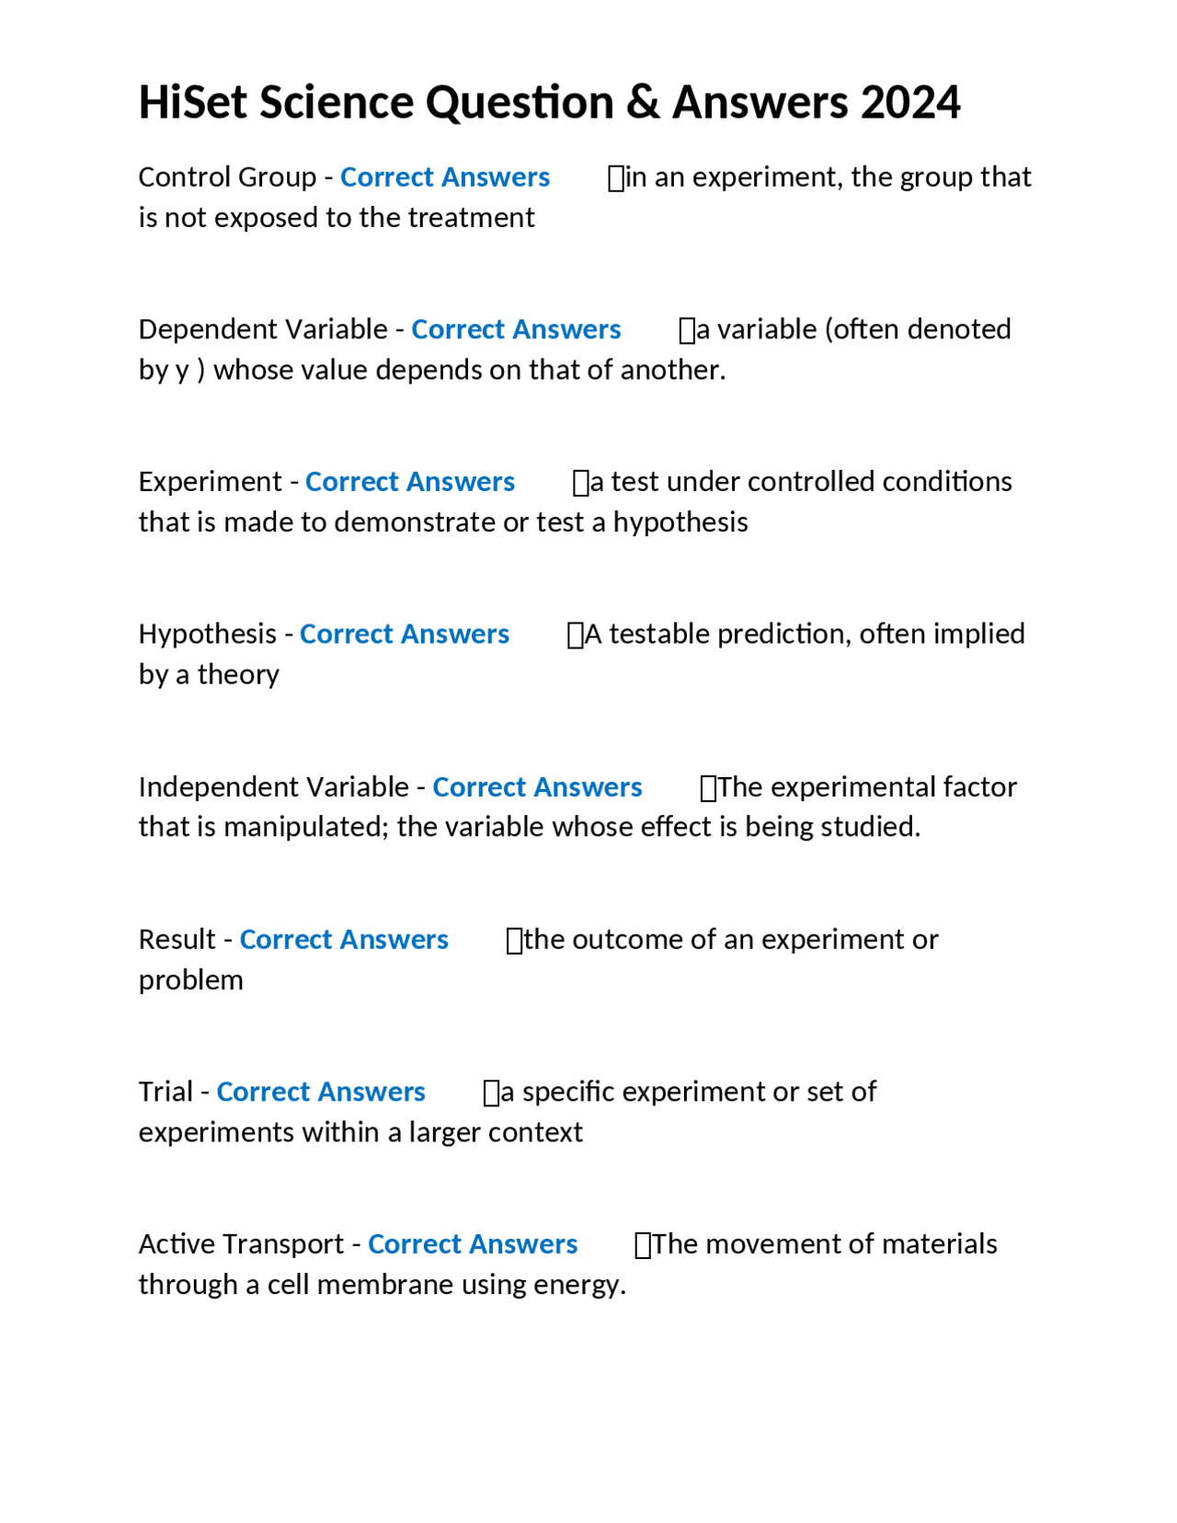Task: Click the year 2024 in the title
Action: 910,102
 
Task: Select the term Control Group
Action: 227,177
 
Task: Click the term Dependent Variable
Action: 263,329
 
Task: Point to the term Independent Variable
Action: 273,787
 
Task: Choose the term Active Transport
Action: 241,1244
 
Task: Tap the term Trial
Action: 166,1092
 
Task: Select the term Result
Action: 177,940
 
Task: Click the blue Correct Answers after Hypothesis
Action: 404,635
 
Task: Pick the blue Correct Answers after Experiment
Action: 409,482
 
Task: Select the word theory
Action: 238,675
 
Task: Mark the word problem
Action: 190,980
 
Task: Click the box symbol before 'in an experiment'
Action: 615,177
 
